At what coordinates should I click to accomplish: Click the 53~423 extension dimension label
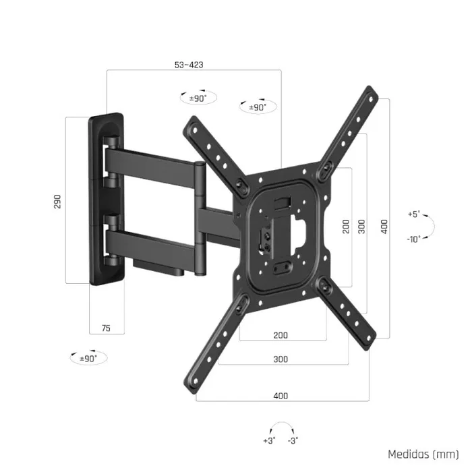pyautogui.click(x=189, y=65)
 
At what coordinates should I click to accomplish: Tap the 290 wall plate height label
pyautogui.click(x=58, y=201)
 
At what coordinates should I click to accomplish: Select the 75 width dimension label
pyautogui.click(x=106, y=328)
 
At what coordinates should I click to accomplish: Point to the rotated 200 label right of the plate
pyautogui.click(x=346, y=226)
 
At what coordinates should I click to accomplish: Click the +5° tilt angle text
pyautogui.click(x=413, y=214)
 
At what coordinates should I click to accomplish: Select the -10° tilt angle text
pyautogui.click(x=414, y=239)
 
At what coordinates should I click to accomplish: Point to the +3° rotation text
pyautogui.click(x=268, y=441)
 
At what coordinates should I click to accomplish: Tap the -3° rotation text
pyautogui.click(x=293, y=441)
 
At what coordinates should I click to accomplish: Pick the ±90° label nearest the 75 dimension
pyautogui.click(x=88, y=358)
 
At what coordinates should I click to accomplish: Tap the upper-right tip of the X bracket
pyautogui.click(x=372, y=93)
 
